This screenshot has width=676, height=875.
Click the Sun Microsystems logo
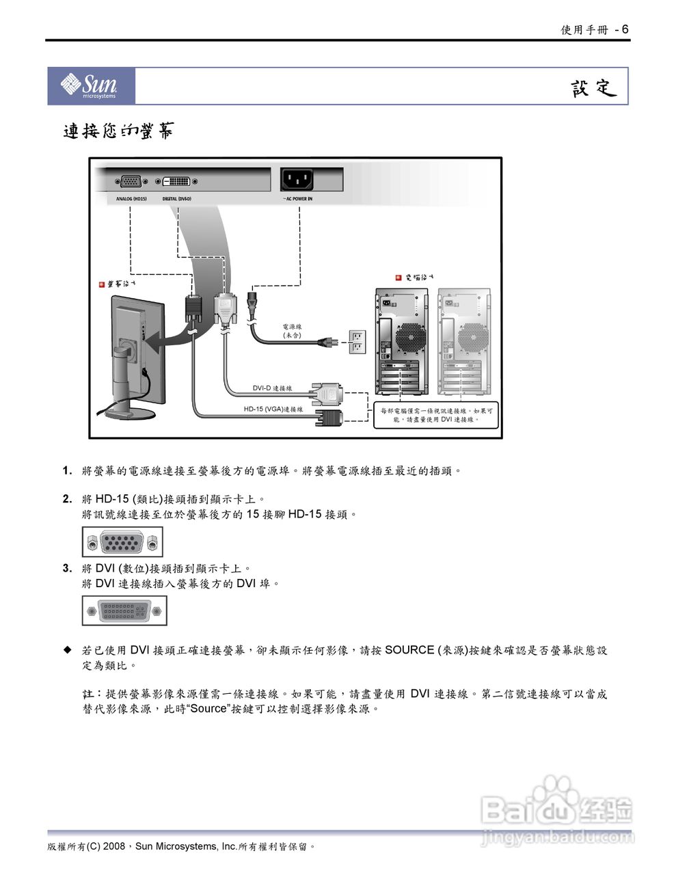click(x=90, y=86)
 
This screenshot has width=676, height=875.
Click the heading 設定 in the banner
click(x=593, y=88)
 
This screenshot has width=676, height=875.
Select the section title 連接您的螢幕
click(x=118, y=131)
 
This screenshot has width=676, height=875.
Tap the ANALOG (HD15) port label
click(x=131, y=199)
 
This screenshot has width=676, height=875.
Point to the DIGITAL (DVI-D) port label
click(x=177, y=199)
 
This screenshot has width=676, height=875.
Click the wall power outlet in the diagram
click(x=356, y=342)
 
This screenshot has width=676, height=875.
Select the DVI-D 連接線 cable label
click(x=272, y=388)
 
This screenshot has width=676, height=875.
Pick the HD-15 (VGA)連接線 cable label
click(x=273, y=409)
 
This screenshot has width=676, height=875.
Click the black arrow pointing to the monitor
click(x=167, y=337)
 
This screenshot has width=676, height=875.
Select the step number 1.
click(x=67, y=471)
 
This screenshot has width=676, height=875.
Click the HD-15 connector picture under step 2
click(x=122, y=543)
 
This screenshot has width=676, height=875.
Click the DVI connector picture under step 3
click(x=124, y=611)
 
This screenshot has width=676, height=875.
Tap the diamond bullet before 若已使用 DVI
click(x=67, y=649)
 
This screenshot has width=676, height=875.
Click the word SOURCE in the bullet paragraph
click(x=409, y=650)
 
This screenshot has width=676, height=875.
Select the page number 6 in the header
click(x=625, y=29)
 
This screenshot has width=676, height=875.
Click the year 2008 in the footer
click(x=114, y=846)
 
